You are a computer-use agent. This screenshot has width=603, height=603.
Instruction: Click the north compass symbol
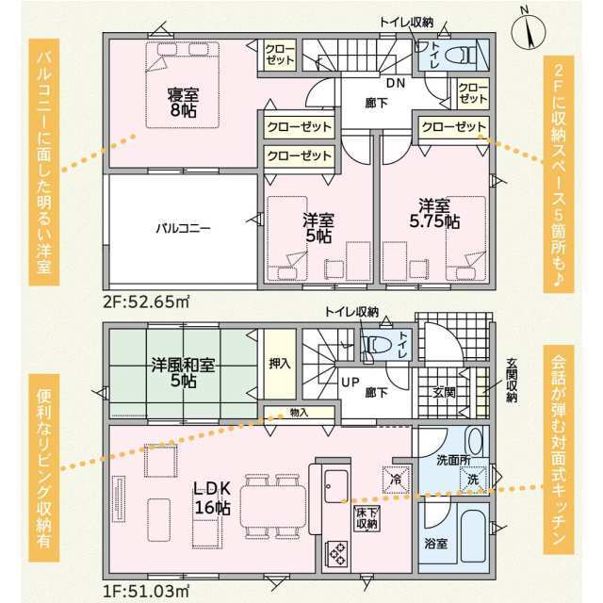point(529,31)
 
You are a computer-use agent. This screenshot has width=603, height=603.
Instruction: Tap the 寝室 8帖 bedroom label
point(183,103)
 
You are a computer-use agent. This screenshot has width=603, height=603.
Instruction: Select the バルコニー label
point(183,228)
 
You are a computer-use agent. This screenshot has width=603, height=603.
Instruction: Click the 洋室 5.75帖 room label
point(434,214)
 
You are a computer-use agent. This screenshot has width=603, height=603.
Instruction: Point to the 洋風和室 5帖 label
point(183,372)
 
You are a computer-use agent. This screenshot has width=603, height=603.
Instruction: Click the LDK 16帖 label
point(212,498)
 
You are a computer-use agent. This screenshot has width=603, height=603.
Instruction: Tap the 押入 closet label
point(280,364)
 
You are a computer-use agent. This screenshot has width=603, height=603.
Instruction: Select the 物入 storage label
point(299,413)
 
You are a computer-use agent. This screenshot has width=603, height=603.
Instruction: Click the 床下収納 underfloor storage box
point(367,518)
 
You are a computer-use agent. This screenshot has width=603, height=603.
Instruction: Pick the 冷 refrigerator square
point(396,480)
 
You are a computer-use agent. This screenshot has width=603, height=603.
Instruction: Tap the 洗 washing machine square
point(473,480)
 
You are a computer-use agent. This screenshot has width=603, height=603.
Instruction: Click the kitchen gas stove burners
point(336,554)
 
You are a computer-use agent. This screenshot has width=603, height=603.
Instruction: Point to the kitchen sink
point(336,486)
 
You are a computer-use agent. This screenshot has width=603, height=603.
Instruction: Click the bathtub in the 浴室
point(473,537)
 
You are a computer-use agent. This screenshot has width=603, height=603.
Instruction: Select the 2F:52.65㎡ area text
point(146,301)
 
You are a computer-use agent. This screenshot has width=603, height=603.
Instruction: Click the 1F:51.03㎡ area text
point(146,591)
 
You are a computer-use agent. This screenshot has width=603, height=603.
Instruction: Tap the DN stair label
point(396,83)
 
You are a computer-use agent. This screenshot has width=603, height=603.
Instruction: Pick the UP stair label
point(350,383)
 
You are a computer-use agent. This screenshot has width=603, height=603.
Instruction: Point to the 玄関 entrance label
point(444,393)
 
